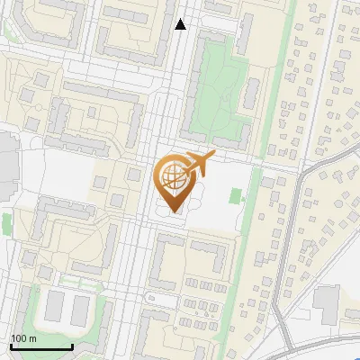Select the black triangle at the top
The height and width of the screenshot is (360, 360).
pyautogui.click(x=181, y=25)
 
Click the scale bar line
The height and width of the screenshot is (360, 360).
pyautogui.click(x=41, y=347)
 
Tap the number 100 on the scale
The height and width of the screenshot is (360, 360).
pyautogui.click(x=19, y=338)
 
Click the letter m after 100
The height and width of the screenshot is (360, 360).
pyautogui.click(x=32, y=338)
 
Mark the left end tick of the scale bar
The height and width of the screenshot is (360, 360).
pyautogui.click(x=12, y=346)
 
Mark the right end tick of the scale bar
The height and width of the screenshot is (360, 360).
pyautogui.click(x=72, y=346)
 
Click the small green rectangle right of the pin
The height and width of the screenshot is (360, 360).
pyautogui.click(x=237, y=195)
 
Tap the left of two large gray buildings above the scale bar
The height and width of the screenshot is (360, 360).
pyautogui.click(x=55, y=307)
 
